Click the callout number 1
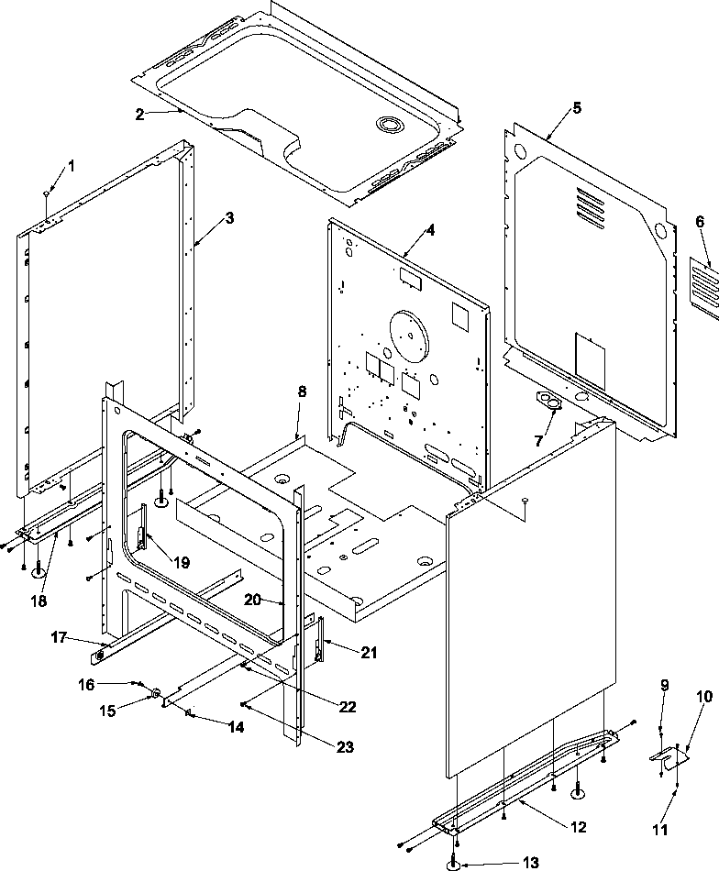click(72, 165)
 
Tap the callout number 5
click(576, 107)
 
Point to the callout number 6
click(700, 221)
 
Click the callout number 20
click(254, 600)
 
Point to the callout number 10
click(703, 697)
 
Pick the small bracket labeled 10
click(671, 756)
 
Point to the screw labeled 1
click(46, 193)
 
